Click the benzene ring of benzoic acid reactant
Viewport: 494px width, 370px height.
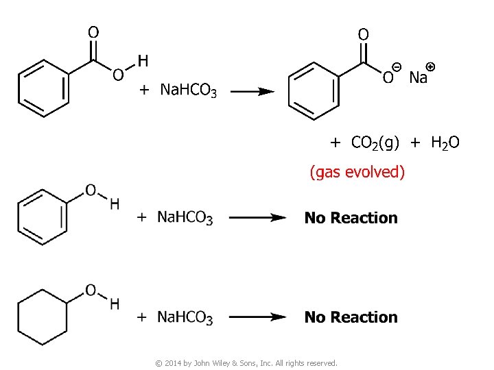coord(43,88)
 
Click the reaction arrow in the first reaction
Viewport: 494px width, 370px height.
coord(251,91)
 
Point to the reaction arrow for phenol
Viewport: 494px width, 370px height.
coord(257,218)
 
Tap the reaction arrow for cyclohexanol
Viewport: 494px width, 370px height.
coord(257,317)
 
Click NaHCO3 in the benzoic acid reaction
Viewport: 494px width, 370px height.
coord(188,90)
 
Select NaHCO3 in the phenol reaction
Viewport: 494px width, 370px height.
coord(185,218)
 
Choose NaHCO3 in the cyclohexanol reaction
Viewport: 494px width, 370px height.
coord(185,317)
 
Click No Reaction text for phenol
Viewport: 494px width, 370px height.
coord(351,218)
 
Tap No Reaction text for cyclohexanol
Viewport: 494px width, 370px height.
coord(351,317)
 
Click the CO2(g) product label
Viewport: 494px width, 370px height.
coord(375,143)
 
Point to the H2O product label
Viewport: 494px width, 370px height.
coord(445,143)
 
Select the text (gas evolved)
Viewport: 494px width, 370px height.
coord(357,171)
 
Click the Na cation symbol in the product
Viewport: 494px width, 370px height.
coord(418,77)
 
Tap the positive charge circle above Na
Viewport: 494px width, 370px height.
coord(430,66)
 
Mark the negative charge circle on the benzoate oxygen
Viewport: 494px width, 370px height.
coord(397,66)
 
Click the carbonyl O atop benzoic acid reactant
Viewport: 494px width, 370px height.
coord(93,32)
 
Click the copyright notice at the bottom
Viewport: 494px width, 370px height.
coord(246,363)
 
